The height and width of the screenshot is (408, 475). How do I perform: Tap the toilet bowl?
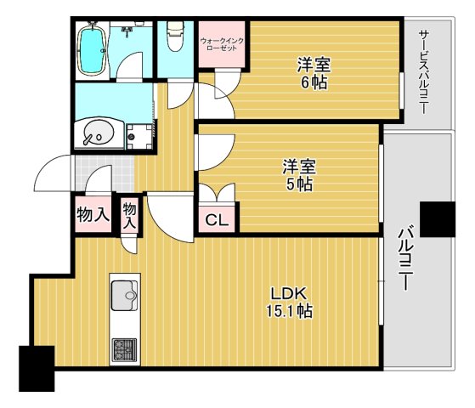click(x=175, y=37)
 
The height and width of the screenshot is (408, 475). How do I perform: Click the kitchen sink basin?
click(x=124, y=296)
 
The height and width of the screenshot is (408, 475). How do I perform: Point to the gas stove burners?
click(x=125, y=350)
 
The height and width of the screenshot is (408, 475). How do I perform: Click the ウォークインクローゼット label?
click(x=222, y=44)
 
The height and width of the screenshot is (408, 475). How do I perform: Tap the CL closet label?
click(x=217, y=220)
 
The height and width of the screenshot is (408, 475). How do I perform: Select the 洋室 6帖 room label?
click(x=314, y=73)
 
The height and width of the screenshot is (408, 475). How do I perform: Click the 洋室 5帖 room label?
click(x=299, y=174)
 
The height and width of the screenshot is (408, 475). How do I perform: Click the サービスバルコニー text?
click(x=424, y=72)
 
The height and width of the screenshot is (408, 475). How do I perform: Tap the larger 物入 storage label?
click(x=93, y=214)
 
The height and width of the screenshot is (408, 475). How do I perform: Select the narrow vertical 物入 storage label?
click(x=130, y=216)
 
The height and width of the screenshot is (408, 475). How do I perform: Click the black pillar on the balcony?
click(x=438, y=219)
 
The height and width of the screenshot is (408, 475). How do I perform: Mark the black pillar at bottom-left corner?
click(x=37, y=369)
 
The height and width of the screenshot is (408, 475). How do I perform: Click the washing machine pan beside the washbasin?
click(x=139, y=136)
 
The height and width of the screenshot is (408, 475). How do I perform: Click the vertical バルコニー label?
click(x=405, y=258)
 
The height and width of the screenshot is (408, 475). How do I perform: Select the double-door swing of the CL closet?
click(x=217, y=193)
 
